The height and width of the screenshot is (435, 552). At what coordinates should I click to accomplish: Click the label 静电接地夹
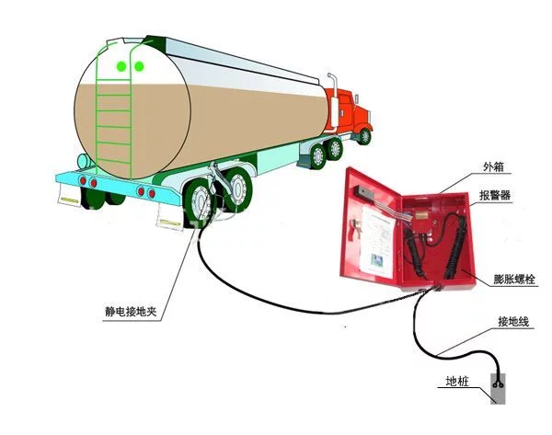coord(131,311)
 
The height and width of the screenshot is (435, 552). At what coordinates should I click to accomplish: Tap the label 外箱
coord(493,166)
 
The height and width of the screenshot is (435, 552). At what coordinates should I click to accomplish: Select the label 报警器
coord(495,195)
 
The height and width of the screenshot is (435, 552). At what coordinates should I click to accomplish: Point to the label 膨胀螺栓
coord(514,280)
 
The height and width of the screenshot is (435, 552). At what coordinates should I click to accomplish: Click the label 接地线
coord(513,322)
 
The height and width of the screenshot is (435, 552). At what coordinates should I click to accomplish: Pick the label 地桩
coord(457,381)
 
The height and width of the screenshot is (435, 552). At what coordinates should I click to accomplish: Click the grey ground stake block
coord(498,388)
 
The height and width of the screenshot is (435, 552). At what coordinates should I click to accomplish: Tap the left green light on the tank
coord(121,66)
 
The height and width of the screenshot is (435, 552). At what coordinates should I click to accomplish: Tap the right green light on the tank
coord(140,66)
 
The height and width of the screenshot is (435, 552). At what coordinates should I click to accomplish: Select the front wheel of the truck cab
coord(364,136)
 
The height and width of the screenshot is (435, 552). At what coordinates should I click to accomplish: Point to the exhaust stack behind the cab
coord(334,99)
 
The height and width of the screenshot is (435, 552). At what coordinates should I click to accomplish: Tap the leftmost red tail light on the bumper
coord(83,180)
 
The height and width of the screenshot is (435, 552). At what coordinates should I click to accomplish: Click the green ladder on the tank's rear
coord(114,116)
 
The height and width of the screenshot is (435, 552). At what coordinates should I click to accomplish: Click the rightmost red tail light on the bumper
coord(152,193)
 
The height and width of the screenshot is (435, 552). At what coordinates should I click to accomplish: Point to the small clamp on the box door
coord(353,230)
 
